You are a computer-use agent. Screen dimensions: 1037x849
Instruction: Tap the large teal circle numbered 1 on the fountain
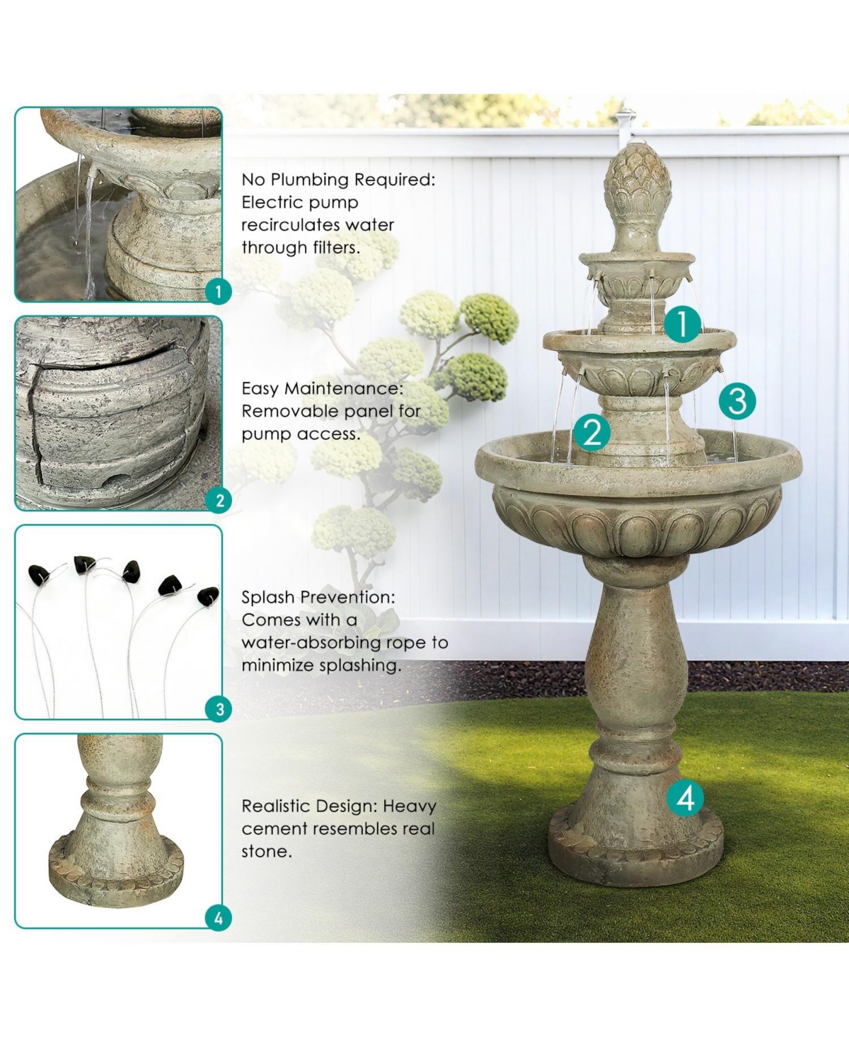[682, 324]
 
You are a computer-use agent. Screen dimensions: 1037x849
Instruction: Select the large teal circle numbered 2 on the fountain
[591, 431]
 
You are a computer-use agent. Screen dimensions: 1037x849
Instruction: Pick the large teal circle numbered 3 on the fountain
[737, 400]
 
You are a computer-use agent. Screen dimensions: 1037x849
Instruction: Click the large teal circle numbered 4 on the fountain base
[685, 798]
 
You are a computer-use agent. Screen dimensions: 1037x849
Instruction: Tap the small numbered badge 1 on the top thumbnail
[219, 291]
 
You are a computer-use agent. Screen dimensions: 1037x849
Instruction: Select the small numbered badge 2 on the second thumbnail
[219, 500]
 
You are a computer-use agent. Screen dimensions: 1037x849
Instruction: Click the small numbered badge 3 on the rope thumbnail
[219, 709]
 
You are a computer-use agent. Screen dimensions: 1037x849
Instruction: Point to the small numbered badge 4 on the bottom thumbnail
[219, 917]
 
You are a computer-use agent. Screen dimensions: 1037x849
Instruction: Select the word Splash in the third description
[268, 597]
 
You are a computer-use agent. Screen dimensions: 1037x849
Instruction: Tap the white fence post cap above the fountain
[626, 115]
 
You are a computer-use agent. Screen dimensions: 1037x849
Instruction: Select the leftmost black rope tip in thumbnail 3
[38, 574]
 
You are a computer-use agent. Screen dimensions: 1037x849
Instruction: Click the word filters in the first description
[336, 248]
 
